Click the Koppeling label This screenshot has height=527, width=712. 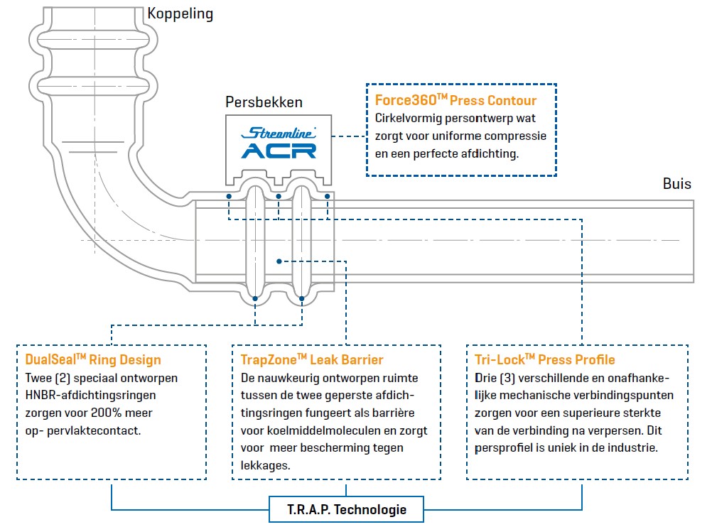(180, 13)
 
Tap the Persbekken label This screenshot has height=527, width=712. (264, 102)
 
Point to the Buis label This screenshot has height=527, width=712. (676, 184)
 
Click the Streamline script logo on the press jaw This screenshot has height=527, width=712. (279, 133)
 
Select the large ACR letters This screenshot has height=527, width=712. (279, 150)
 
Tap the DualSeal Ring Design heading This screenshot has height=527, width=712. (93, 359)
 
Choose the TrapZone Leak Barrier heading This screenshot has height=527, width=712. (312, 359)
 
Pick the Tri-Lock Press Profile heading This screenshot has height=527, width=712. (544, 359)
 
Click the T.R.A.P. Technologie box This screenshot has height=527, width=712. (347, 509)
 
